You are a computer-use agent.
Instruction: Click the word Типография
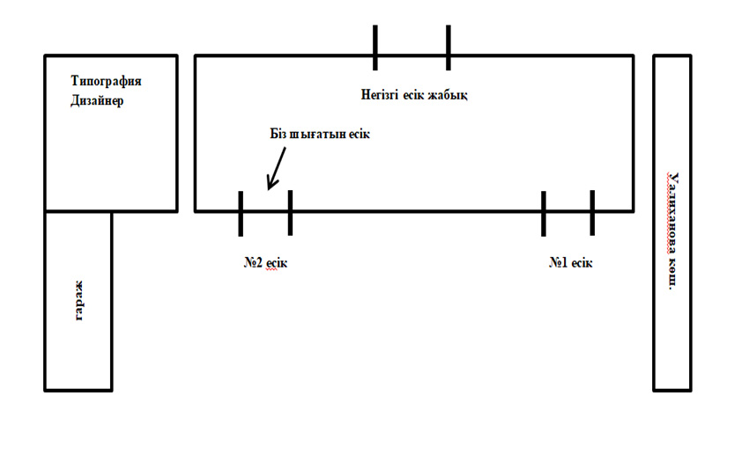pos(106,81)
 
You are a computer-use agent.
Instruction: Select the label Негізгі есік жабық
pos(413,95)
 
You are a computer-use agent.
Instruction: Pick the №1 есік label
pos(571,262)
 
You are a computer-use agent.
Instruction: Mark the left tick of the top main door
pos(375,47)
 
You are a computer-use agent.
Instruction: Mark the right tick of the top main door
pos(448,47)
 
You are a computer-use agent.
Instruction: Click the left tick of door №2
pos(241,213)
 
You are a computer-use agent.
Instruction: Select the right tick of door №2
pos(290,213)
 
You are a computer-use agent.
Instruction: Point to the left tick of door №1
pos(544,213)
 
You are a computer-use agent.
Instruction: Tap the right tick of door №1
pos(592,213)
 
